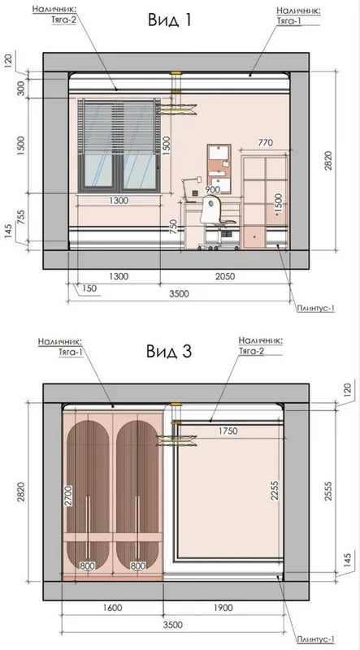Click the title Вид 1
(169, 19)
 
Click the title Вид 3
(168, 352)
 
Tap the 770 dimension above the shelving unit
(266, 143)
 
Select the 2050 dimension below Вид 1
(225, 276)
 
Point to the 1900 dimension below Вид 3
(223, 608)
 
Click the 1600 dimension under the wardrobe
(112, 608)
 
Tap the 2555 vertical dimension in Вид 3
(328, 492)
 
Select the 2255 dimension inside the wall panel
(274, 491)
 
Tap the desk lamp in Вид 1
(191, 185)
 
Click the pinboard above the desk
(219, 169)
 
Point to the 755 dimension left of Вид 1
(22, 217)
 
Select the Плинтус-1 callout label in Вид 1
(315, 308)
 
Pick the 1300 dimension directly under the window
(119, 201)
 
